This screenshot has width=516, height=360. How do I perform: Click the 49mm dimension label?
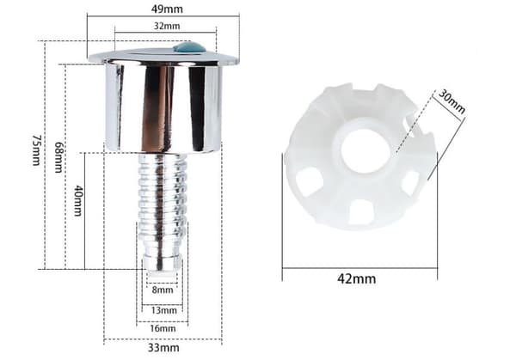click(167, 9)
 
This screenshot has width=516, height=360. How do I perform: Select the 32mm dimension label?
click(167, 26)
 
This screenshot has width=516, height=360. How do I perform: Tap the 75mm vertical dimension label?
click(36, 149)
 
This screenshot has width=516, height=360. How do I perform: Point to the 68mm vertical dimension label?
click(58, 157)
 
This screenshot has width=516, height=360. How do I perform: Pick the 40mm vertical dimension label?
click(78, 200)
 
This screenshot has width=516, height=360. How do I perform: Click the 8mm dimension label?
click(163, 290)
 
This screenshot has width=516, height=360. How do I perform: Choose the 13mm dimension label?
click(163, 310)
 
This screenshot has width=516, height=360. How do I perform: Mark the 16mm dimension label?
click(163, 328)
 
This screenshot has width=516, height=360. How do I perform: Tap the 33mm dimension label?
click(163, 347)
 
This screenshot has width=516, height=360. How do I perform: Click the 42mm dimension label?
click(356, 279)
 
